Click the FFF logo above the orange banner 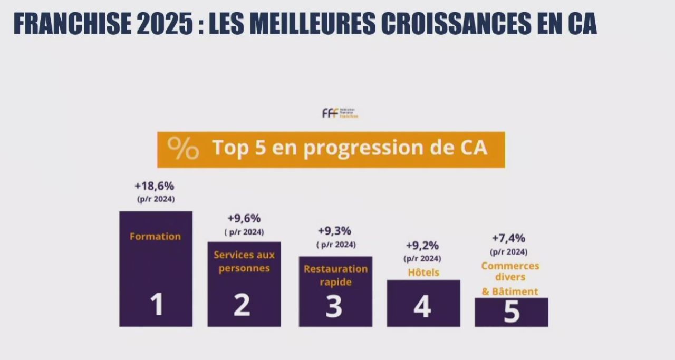pyautogui.click(x=340, y=113)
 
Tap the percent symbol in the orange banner pyautogui.click(x=183, y=149)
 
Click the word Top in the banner pyautogui.click(x=230, y=148)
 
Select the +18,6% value pyautogui.click(x=154, y=186)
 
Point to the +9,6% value pyautogui.click(x=244, y=219)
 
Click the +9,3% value pyautogui.click(x=334, y=231)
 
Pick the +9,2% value pyautogui.click(x=422, y=246)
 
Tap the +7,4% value pyautogui.click(x=508, y=238)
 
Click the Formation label pyautogui.click(x=155, y=237)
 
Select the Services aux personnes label pyautogui.click(x=244, y=261)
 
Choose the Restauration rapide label pyautogui.click(x=335, y=275)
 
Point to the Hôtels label pyautogui.click(x=423, y=273)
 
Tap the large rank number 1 pyautogui.click(x=156, y=305)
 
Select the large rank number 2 pyautogui.click(x=242, y=305)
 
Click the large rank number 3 pyautogui.click(x=334, y=307)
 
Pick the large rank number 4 pyautogui.click(x=422, y=307)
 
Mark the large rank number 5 pyautogui.click(x=511, y=312)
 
